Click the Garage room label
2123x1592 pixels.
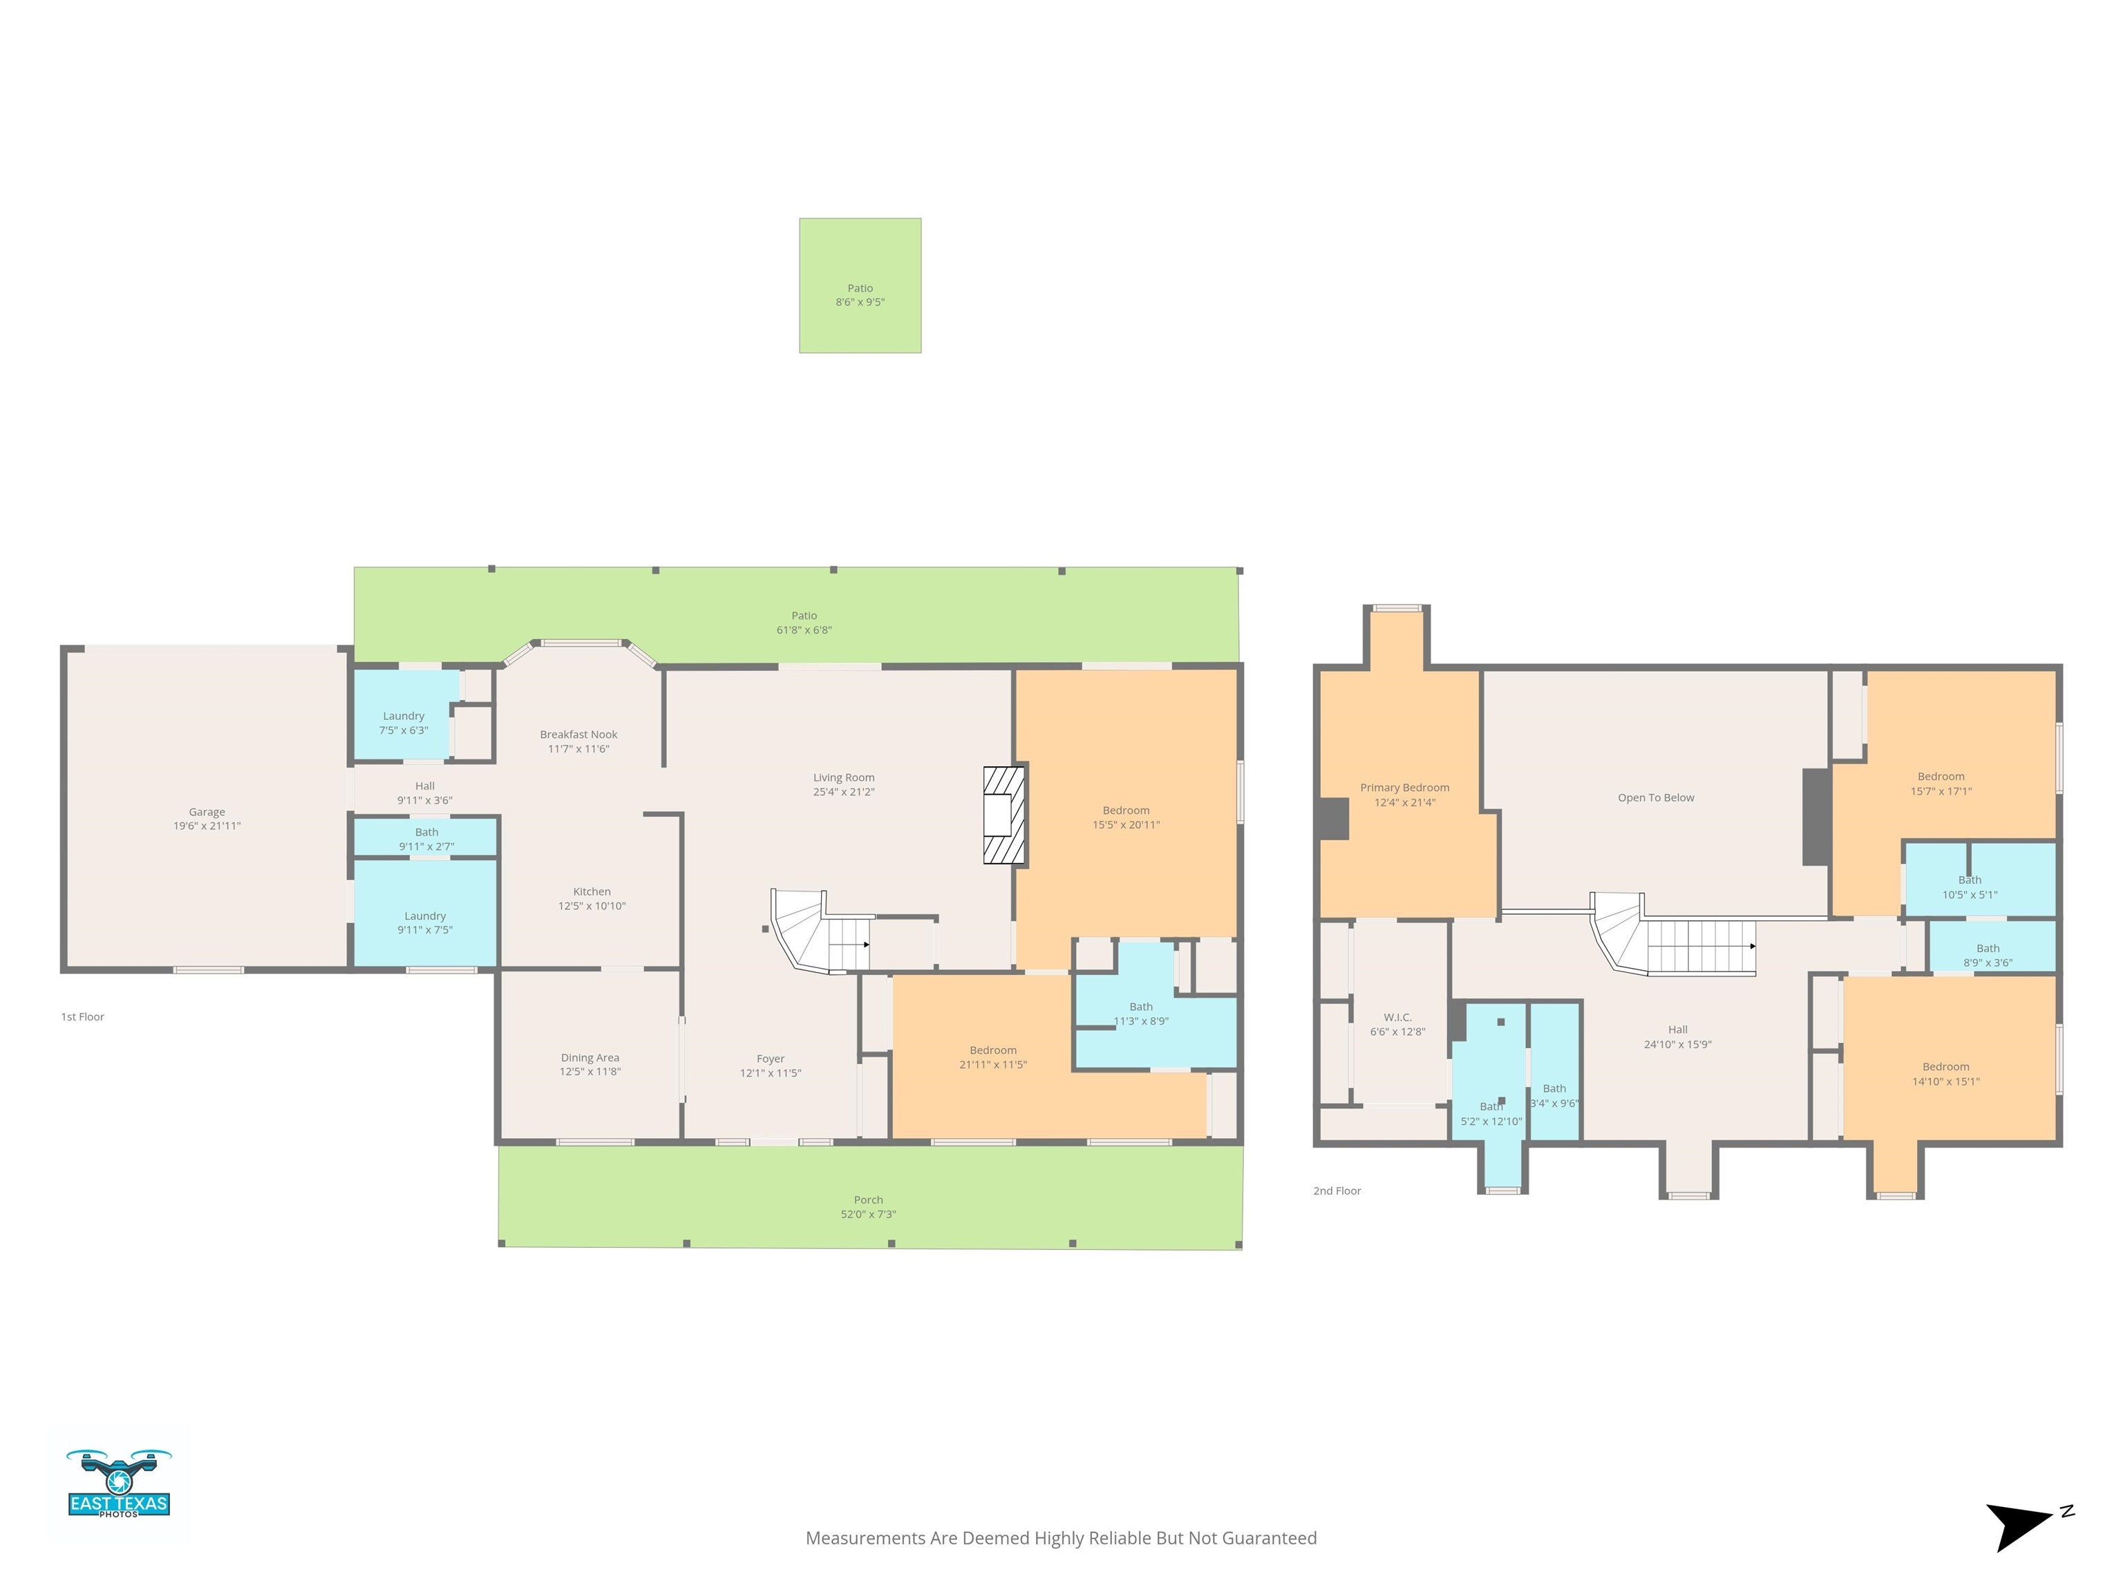coord(207,812)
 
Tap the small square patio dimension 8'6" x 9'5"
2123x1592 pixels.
coord(860,302)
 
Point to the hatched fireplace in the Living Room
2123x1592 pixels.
coord(1005,815)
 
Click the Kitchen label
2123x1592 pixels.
coord(592,891)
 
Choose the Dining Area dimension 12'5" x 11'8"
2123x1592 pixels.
coord(590,1072)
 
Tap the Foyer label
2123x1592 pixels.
coord(771,1059)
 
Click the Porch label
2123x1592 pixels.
coord(869,1200)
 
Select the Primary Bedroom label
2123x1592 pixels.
coord(1405,788)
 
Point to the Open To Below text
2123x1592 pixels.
coord(1657,798)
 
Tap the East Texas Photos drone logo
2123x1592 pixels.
coord(119,1483)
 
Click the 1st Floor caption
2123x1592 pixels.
coord(82,1017)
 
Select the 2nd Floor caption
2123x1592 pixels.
coord(1337,1191)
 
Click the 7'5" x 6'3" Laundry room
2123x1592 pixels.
coord(404,716)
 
